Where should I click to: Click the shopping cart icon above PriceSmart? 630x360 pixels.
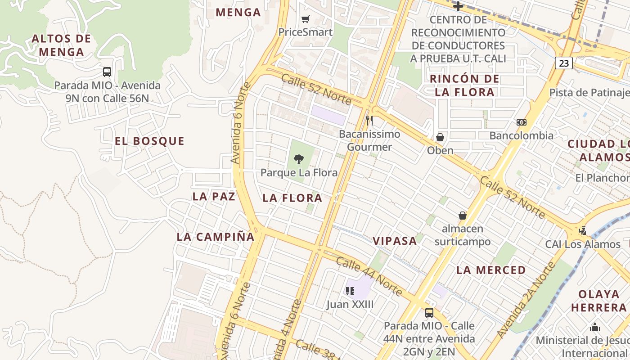point(306,19)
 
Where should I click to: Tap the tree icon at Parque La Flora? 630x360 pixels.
point(298,159)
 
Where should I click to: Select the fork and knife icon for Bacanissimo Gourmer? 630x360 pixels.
point(369,120)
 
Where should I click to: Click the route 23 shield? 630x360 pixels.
point(563,63)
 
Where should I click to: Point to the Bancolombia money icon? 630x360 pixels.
point(522,122)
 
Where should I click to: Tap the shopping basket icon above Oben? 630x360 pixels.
point(440,137)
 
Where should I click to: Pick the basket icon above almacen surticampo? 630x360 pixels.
point(463,216)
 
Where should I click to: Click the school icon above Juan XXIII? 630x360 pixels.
point(350,291)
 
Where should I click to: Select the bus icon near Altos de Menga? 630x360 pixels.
point(107,72)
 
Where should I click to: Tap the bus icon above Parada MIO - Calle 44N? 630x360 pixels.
point(429,312)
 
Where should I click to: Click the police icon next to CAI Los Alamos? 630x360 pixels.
point(583,231)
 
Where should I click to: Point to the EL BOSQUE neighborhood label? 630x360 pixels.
point(149,141)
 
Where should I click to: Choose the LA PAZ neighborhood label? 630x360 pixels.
point(214,197)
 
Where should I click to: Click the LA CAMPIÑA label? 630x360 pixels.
point(216,237)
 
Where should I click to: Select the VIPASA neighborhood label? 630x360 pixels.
point(395,241)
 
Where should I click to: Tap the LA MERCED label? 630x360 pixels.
point(491,270)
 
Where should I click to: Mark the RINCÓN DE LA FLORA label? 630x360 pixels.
point(464,85)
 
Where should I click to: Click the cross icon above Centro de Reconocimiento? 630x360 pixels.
point(458,6)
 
